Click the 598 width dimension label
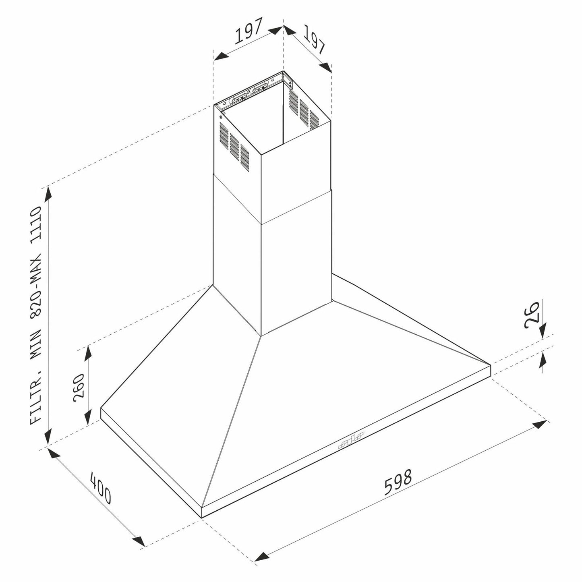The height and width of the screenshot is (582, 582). click(x=398, y=482)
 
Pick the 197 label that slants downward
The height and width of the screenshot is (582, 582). click(x=314, y=39)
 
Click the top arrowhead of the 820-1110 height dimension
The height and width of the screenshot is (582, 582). click(x=48, y=193)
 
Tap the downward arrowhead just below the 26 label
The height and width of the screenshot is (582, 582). click(x=542, y=330)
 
